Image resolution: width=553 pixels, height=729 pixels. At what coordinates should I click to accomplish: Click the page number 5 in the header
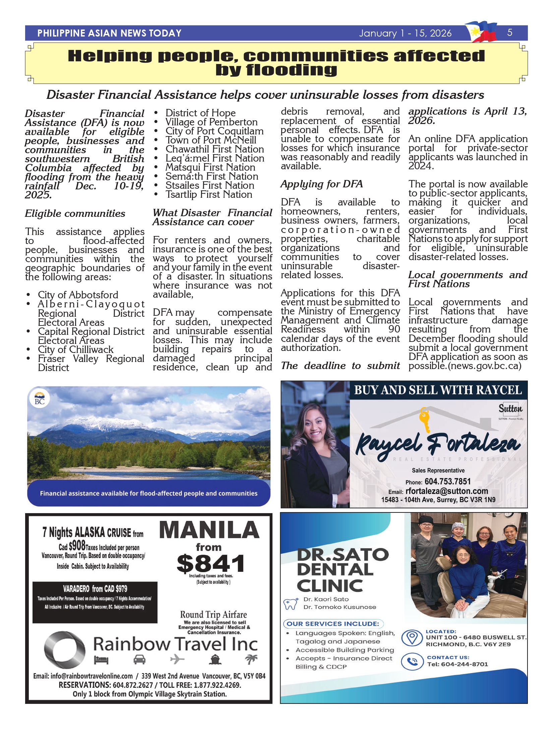(x=509, y=33)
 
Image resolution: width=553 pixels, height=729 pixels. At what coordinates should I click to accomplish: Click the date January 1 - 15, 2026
(x=405, y=33)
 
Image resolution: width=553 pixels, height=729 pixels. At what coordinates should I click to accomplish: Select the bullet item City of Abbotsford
(x=78, y=295)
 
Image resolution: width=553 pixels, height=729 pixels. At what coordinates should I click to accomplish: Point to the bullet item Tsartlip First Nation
(x=208, y=195)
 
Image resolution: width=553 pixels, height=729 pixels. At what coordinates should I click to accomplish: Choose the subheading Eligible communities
(x=75, y=214)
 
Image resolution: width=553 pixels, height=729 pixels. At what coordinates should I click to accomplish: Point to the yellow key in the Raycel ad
(x=425, y=419)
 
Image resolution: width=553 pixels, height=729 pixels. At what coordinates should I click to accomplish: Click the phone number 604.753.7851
(x=447, y=482)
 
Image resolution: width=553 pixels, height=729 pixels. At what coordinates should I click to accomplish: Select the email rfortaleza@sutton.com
(x=446, y=491)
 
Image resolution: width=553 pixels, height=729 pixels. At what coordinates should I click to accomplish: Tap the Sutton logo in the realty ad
(x=510, y=409)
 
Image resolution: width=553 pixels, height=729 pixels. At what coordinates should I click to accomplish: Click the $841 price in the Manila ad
(x=210, y=564)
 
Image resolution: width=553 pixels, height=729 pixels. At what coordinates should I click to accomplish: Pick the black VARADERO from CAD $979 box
(x=95, y=602)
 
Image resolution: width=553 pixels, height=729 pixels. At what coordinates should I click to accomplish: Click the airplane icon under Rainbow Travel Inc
(x=177, y=660)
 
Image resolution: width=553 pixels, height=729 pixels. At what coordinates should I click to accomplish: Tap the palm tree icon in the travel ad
(x=251, y=659)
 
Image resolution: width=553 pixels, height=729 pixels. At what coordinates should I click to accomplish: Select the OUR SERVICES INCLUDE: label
(x=333, y=624)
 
